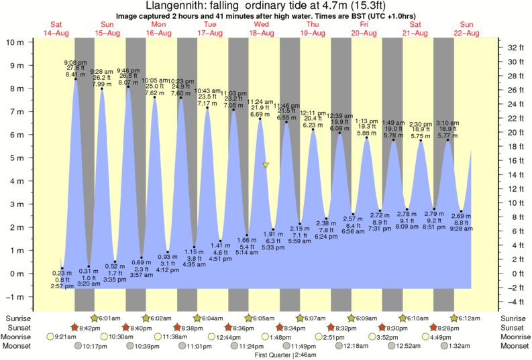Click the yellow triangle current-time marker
tap(266, 165)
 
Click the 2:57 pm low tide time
tap(61, 286)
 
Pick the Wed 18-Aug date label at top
tap(262, 29)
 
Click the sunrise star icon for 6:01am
tap(94, 318)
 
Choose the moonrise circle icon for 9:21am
tap(49, 337)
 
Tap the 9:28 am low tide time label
tap(462, 229)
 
